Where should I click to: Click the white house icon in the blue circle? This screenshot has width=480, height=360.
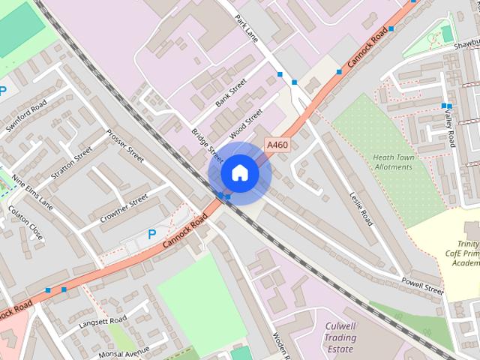[x=239, y=172]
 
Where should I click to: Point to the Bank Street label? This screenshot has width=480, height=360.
[x=231, y=93]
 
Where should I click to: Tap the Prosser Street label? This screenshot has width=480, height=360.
[x=125, y=146]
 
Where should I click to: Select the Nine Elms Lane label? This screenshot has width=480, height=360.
[x=33, y=193]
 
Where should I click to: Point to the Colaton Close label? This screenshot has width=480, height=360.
[x=26, y=223]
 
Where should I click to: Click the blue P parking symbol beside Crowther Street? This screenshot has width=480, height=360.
[x=151, y=234]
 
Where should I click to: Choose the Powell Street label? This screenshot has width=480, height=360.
[x=423, y=287]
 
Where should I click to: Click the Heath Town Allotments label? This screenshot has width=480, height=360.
[x=393, y=162]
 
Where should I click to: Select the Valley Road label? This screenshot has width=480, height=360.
[x=450, y=127]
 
